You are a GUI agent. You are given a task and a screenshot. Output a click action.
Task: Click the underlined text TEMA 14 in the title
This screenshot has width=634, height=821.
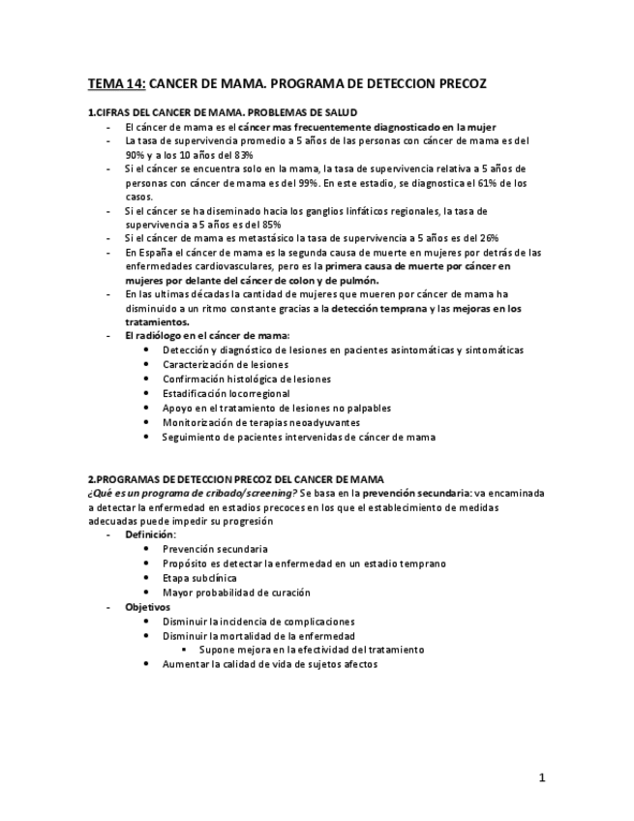(116, 84)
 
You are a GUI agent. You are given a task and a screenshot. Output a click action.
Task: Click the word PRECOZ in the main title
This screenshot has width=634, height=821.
(455, 84)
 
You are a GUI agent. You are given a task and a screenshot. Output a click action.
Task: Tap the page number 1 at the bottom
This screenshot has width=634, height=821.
(542, 777)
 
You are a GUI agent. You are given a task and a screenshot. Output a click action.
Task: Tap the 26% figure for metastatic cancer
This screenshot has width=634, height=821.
(487, 238)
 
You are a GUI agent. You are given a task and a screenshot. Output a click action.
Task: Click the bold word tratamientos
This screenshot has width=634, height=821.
(157, 322)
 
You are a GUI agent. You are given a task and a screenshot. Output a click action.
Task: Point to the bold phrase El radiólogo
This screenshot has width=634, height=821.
(153, 336)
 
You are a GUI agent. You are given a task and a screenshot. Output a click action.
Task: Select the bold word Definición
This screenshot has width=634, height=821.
(150, 534)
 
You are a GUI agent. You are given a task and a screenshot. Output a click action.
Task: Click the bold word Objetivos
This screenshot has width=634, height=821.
(147, 607)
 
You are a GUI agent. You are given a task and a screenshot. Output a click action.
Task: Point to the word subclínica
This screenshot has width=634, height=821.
(214, 578)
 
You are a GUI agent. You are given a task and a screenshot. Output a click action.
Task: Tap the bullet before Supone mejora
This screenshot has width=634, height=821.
(183, 651)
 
